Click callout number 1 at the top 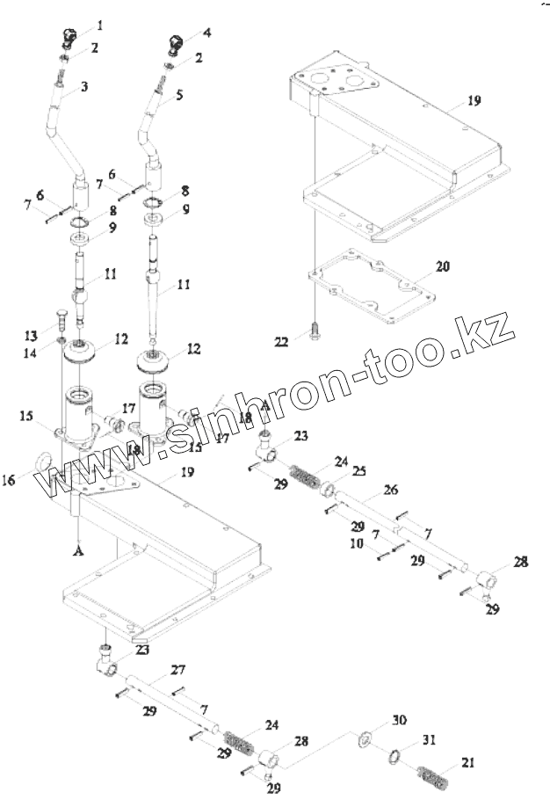pyautogui.click(x=98, y=25)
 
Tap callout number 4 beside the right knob pyautogui.click(x=207, y=33)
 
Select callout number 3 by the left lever pyautogui.click(x=83, y=87)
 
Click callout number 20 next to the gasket pyautogui.click(x=442, y=265)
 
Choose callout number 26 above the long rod pyautogui.click(x=391, y=491)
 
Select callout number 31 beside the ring pyautogui.click(x=430, y=739)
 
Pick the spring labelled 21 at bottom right pyautogui.click(x=434, y=777)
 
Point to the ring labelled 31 pyautogui.click(x=397, y=756)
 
